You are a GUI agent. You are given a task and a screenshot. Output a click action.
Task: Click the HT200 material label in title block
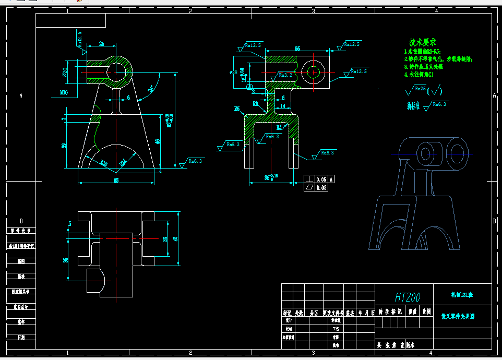coord(408,297)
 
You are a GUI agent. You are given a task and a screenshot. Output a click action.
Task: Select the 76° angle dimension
coord(152,89)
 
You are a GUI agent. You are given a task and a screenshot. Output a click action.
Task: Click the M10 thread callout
coord(64,92)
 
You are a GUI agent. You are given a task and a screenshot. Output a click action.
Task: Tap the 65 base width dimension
coord(116,180)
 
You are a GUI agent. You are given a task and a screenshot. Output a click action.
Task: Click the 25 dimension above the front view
coord(101,44)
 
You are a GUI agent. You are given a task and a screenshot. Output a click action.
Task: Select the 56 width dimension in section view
coord(297,49)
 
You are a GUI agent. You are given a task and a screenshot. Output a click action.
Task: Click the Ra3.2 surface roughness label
coord(285,75)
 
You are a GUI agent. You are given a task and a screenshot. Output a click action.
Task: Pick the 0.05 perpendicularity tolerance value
coord(321,179)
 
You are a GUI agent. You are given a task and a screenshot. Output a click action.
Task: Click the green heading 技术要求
coord(422,42)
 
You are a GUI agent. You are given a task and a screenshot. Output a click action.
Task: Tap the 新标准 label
coord(413,105)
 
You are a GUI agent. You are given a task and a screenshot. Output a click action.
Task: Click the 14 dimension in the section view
coord(282,106)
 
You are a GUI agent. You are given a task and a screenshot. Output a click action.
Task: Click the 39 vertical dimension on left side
coord(64,146)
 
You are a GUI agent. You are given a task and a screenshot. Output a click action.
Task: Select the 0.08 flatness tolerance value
coord(321,187)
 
